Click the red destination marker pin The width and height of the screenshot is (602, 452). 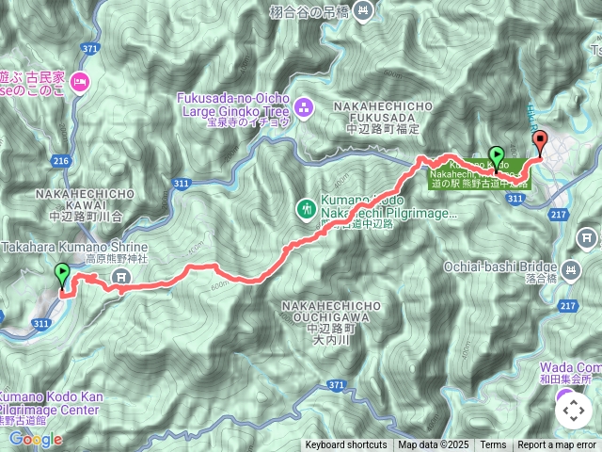[x=540, y=142]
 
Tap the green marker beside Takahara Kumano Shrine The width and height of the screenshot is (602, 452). [x=63, y=275]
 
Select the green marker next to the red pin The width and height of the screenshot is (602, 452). [x=497, y=156]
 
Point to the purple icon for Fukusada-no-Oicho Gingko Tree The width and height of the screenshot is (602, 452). [x=304, y=107]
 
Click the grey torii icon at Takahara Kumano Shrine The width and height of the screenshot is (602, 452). [x=120, y=276]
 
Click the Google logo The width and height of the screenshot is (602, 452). [x=36, y=439]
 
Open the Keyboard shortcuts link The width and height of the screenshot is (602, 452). [x=345, y=445]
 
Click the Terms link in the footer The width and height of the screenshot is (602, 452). [x=493, y=445]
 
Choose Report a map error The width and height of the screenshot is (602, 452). [x=557, y=445]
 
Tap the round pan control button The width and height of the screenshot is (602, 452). [x=573, y=411]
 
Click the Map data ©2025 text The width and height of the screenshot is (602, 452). [x=433, y=445]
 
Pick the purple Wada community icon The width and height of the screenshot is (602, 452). [x=563, y=394]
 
